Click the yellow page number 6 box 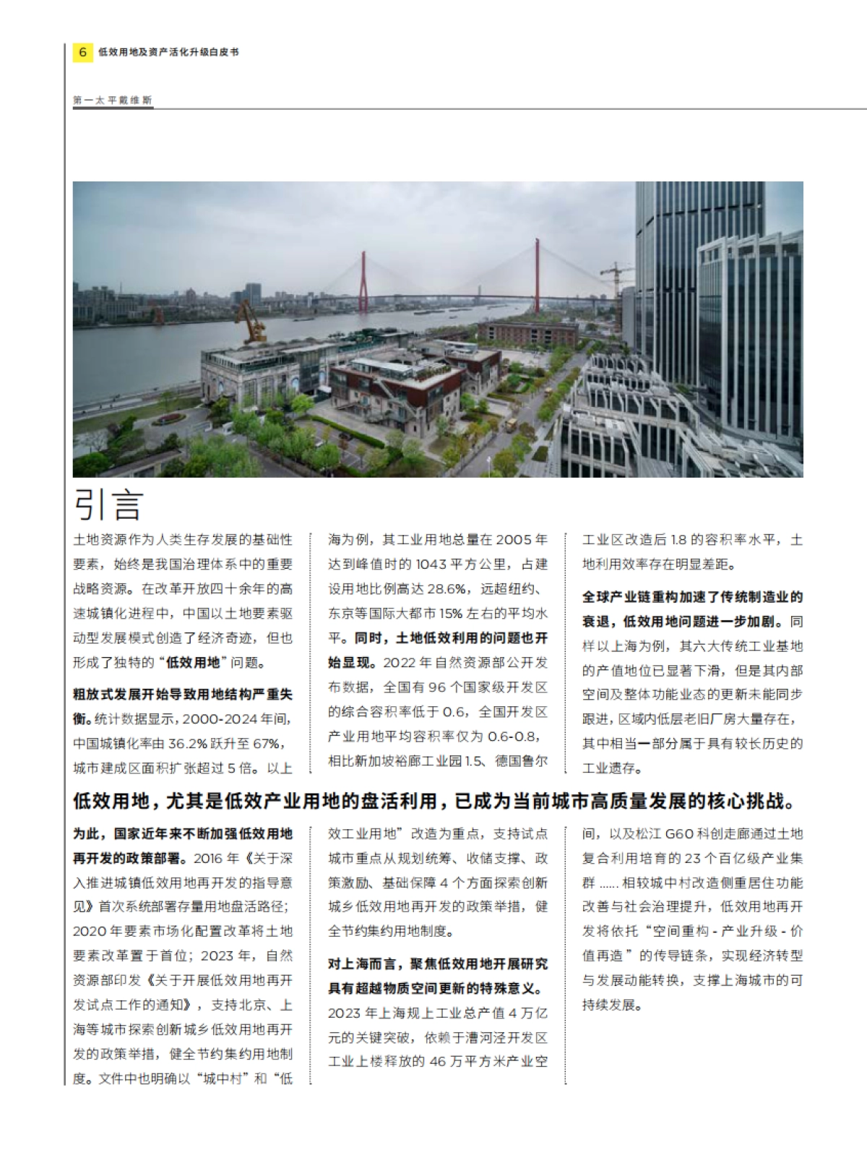pos(82,52)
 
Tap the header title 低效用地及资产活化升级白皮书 pos(168,52)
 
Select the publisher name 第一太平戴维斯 pos(112,100)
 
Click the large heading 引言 pos(108,505)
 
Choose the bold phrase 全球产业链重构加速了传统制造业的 pos(692,598)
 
